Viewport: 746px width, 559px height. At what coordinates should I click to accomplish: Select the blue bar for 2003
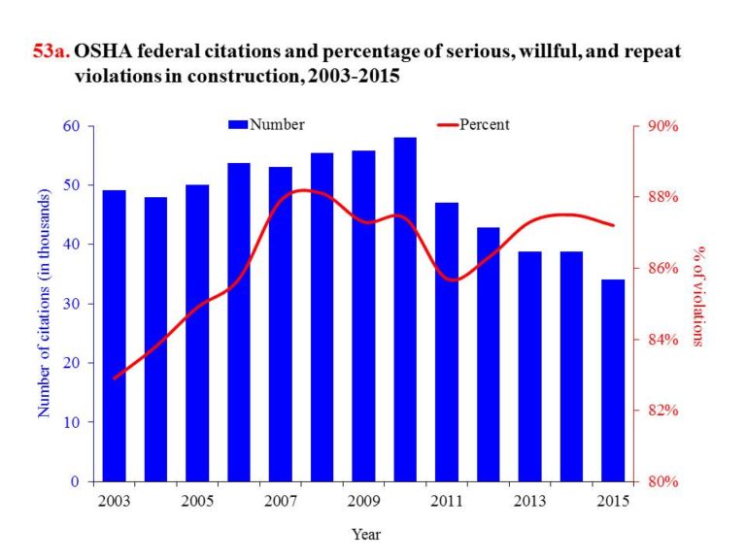pos(114,335)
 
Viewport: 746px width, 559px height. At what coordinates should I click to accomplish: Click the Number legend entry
pos(267,124)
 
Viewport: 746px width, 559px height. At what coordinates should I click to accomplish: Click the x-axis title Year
pos(366,534)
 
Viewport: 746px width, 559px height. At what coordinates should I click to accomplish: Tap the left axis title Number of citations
pos(44,304)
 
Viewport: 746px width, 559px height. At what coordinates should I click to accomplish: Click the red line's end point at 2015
pos(613,225)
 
